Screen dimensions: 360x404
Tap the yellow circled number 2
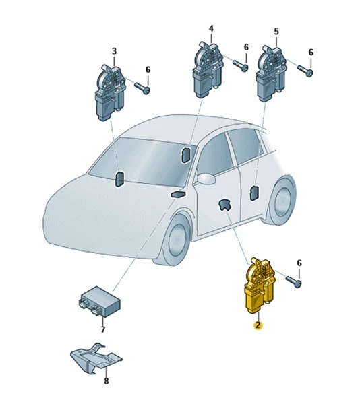pos(258,325)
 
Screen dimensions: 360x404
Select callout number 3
pos(114,51)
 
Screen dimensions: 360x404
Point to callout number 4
pos(211,28)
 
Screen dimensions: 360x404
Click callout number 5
pos(276,32)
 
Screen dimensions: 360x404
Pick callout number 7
pos(102,329)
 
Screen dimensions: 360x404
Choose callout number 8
pos(107,380)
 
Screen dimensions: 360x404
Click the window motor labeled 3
pos(110,92)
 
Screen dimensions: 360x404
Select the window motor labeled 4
pos(208,69)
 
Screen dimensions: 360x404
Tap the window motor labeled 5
pos(271,73)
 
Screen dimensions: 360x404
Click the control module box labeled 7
pos(100,301)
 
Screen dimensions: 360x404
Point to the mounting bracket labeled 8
pos(96,358)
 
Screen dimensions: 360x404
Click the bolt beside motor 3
pos(142,88)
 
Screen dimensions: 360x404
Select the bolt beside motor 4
pos(241,65)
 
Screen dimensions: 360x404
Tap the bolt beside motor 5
pos(305,70)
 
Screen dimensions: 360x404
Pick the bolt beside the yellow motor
pos(293,281)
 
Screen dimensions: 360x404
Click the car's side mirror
pos(206,178)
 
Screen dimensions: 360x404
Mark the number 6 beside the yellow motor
pos(299,263)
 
